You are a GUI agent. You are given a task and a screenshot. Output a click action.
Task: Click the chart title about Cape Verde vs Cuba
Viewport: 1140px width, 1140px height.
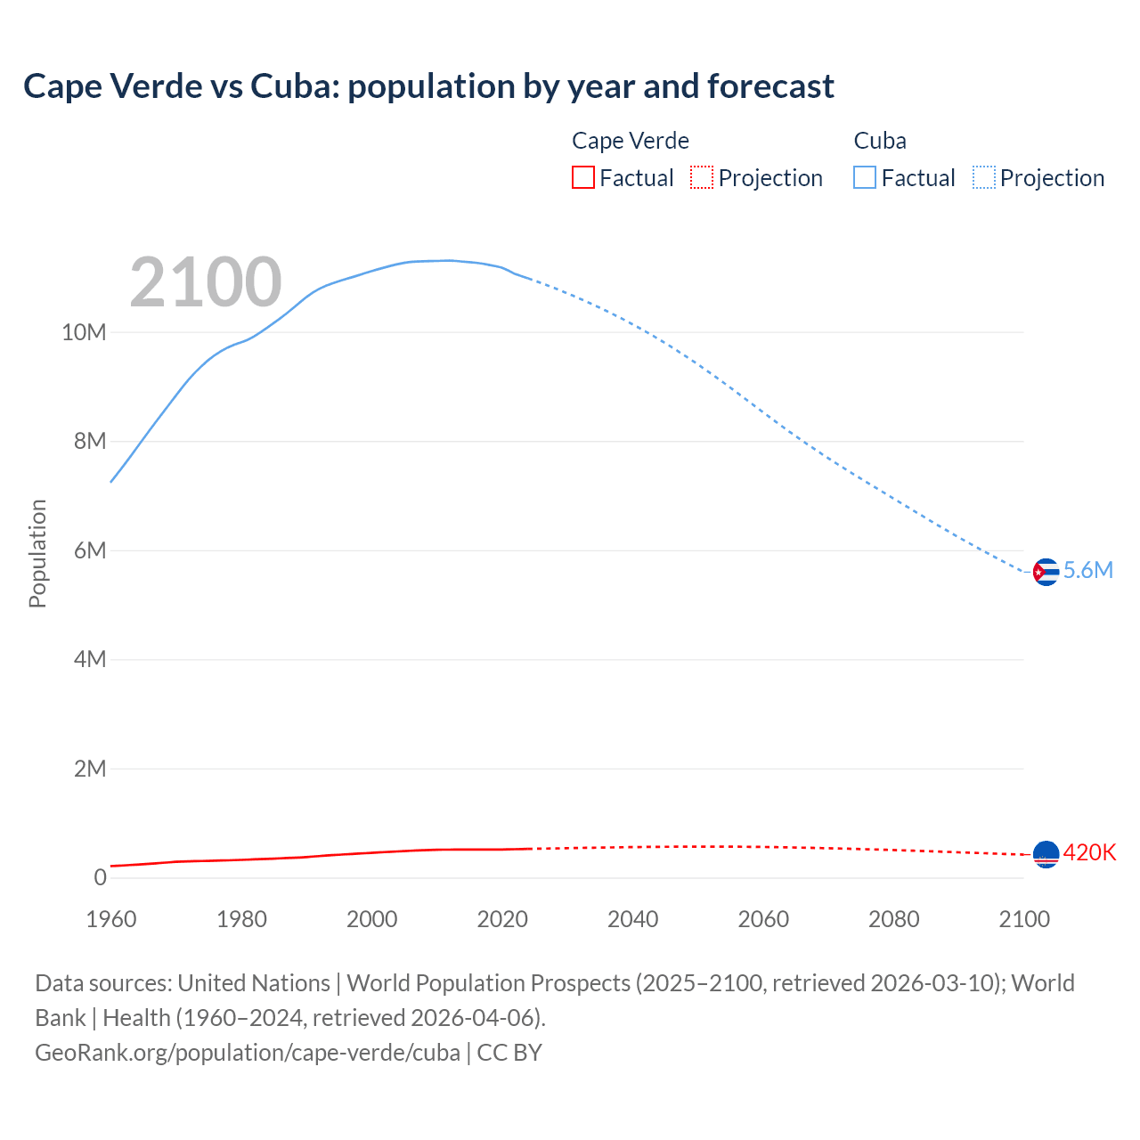(x=428, y=86)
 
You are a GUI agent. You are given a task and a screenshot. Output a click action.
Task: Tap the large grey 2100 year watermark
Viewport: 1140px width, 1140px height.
(x=206, y=282)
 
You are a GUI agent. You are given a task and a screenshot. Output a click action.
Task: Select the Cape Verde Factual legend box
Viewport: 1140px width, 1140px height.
(x=583, y=178)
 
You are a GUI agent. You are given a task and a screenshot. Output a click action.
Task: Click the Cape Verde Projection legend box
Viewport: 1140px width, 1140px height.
(x=702, y=178)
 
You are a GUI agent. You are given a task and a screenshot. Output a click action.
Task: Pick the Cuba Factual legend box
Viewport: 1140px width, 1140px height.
(x=865, y=178)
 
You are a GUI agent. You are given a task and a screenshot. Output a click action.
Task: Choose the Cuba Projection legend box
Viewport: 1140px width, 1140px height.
(x=983, y=178)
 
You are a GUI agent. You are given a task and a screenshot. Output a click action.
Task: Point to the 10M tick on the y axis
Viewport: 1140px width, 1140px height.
(x=84, y=333)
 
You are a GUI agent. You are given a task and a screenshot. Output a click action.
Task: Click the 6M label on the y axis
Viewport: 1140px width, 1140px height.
(x=89, y=550)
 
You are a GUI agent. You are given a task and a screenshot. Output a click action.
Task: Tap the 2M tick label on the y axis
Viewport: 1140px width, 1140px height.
(x=89, y=769)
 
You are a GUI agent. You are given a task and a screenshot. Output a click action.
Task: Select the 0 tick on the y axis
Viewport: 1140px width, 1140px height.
(x=100, y=877)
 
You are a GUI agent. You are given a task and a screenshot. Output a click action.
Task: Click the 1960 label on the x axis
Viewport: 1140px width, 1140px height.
(x=111, y=919)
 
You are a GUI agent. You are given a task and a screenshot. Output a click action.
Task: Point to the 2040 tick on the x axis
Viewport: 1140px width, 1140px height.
(x=632, y=919)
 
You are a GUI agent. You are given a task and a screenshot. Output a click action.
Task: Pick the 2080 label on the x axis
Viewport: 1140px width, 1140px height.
(x=893, y=919)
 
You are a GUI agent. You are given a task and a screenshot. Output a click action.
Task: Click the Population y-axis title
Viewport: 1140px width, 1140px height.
(x=37, y=553)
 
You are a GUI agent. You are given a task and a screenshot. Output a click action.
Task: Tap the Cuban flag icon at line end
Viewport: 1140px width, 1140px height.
(x=1046, y=572)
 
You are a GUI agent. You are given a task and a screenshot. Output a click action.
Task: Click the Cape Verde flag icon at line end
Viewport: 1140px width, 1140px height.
(x=1046, y=854)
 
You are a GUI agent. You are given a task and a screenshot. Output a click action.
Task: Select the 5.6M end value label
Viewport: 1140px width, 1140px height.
(x=1088, y=571)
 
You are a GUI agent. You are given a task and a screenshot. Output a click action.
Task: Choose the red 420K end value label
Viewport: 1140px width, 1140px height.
(x=1089, y=853)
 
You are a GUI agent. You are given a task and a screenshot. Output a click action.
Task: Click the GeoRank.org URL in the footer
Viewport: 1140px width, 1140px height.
(x=248, y=1053)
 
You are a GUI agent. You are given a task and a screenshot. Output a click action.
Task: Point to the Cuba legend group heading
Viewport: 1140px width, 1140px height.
(x=880, y=141)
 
